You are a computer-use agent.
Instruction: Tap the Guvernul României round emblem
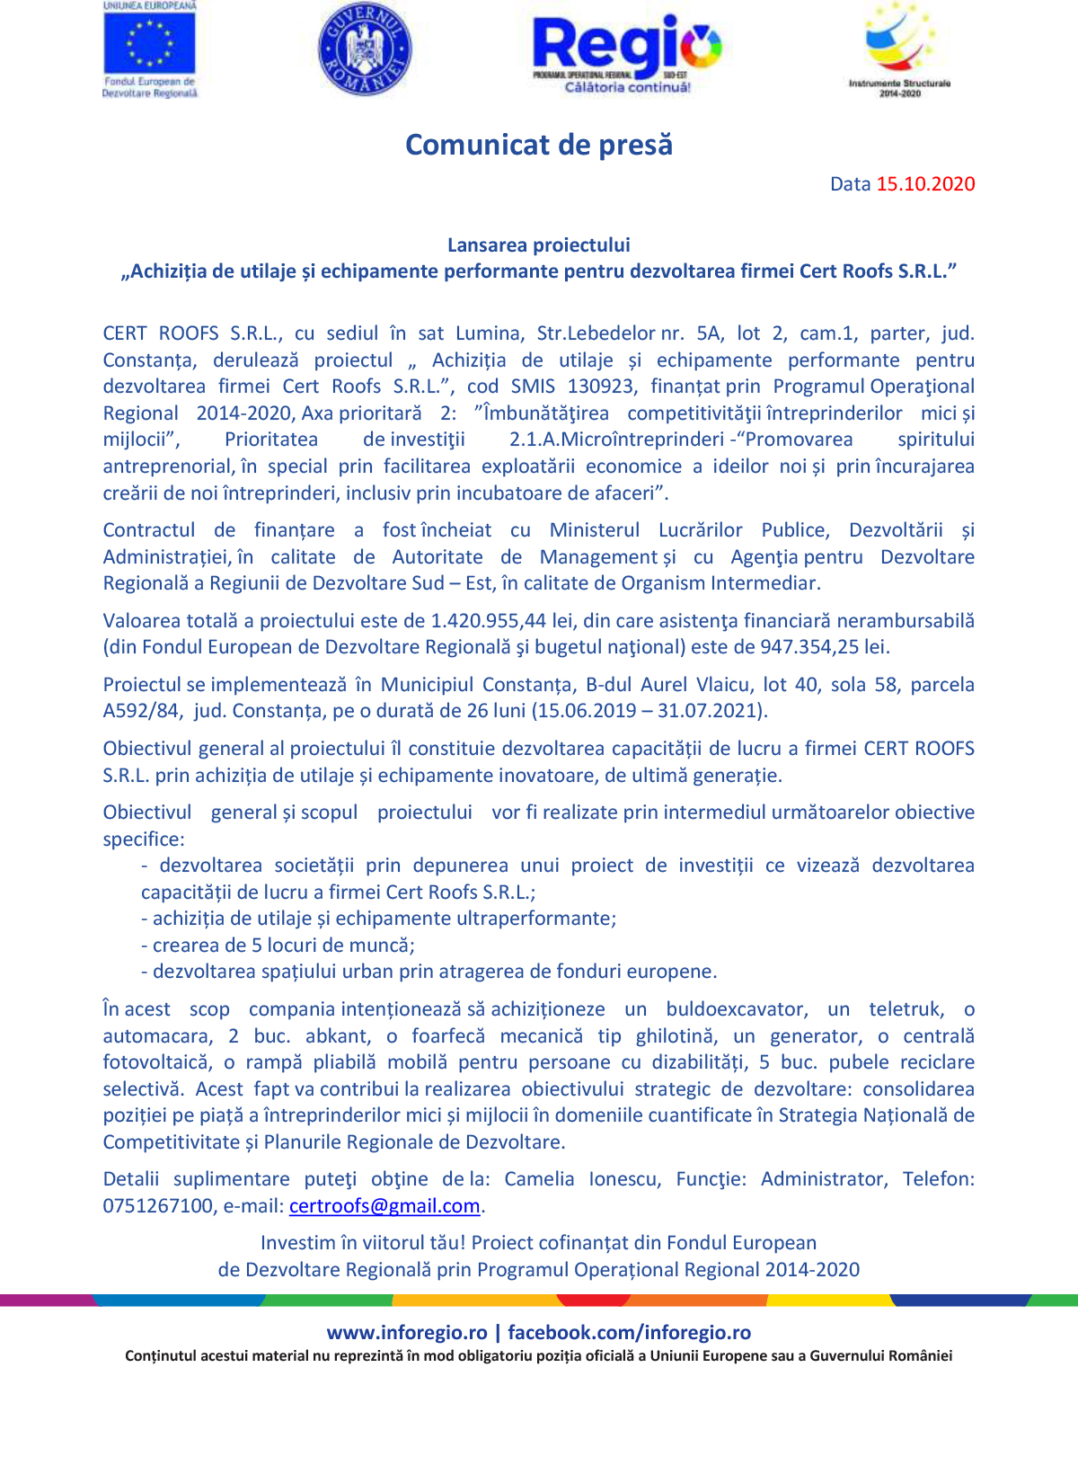365,49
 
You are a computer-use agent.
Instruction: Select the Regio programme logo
627,52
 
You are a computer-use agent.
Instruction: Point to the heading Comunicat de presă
539,145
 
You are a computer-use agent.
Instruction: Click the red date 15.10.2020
925,184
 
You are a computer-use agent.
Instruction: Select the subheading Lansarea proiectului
539,244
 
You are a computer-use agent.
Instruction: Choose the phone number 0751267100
158,1206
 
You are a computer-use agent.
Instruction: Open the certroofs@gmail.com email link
384,1206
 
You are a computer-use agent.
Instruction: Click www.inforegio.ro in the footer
407,1333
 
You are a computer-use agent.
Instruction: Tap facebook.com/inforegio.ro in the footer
630,1333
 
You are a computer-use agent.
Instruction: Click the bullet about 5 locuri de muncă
283,946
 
